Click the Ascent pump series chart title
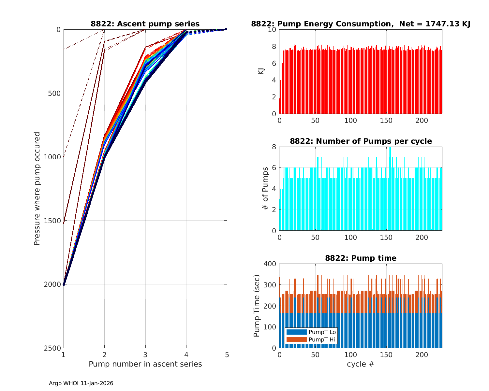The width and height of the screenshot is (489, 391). pyautogui.click(x=145, y=24)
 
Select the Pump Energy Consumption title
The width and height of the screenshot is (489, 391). pyautogui.click(x=361, y=24)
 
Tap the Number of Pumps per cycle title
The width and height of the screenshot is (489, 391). pyautogui.click(x=361, y=141)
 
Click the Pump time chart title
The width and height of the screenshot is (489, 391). pyautogui.click(x=361, y=258)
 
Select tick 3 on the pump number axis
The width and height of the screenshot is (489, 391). pyautogui.click(x=145, y=355)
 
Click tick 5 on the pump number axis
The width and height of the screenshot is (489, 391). pyautogui.click(x=227, y=355)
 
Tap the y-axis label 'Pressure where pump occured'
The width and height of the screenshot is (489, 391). pyautogui.click(x=37, y=189)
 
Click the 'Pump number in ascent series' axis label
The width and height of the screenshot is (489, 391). pyautogui.click(x=145, y=364)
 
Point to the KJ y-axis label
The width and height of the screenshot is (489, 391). pyautogui.click(x=261, y=71)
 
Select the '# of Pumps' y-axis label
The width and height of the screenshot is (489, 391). pyautogui.click(x=265, y=189)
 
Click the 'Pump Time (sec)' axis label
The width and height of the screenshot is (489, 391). pyautogui.click(x=257, y=306)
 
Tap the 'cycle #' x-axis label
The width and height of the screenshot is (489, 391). pyautogui.click(x=361, y=364)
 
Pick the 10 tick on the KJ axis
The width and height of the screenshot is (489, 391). pyautogui.click(x=272, y=30)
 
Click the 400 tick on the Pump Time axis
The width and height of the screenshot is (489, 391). pyautogui.click(x=270, y=264)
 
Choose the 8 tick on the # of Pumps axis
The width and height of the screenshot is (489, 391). pyautogui.click(x=274, y=147)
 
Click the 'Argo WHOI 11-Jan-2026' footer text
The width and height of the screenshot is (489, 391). pyautogui.click(x=81, y=383)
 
